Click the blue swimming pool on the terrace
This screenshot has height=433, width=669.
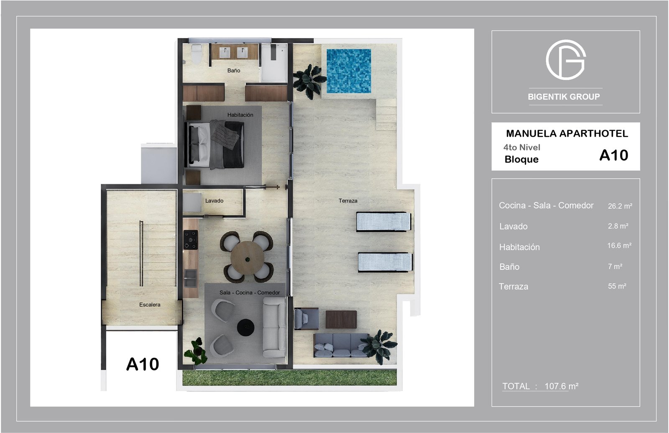pyautogui.click(x=349, y=71)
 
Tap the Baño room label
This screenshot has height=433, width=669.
pyautogui.click(x=234, y=71)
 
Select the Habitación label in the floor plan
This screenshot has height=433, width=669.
pyautogui.click(x=240, y=115)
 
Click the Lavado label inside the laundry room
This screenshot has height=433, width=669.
pyautogui.click(x=214, y=200)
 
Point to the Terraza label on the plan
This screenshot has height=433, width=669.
pyautogui.click(x=348, y=200)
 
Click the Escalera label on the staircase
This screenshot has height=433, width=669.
pyautogui.click(x=150, y=305)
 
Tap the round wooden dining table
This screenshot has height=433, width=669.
pyautogui.click(x=247, y=258)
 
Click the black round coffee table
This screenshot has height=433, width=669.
pyautogui.click(x=245, y=327)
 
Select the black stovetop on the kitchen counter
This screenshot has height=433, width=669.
pyautogui.click(x=191, y=240)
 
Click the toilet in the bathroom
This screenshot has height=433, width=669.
pyautogui.click(x=196, y=54)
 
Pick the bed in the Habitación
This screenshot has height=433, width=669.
pyautogui.click(x=214, y=144)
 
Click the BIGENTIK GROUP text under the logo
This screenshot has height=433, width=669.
pyautogui.click(x=564, y=97)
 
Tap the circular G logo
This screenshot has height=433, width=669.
pyautogui.click(x=566, y=60)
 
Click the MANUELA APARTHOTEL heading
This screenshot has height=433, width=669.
pyautogui.click(x=567, y=133)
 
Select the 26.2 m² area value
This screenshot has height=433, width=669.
pyautogui.click(x=620, y=206)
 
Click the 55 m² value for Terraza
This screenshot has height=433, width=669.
pyautogui.click(x=617, y=286)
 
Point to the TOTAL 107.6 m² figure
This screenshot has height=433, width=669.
pyautogui.click(x=540, y=386)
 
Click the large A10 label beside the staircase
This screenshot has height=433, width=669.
pyautogui.click(x=143, y=364)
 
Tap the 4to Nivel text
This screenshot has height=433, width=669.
pyautogui.click(x=522, y=147)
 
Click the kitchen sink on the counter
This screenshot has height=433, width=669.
pyautogui.click(x=190, y=278)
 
